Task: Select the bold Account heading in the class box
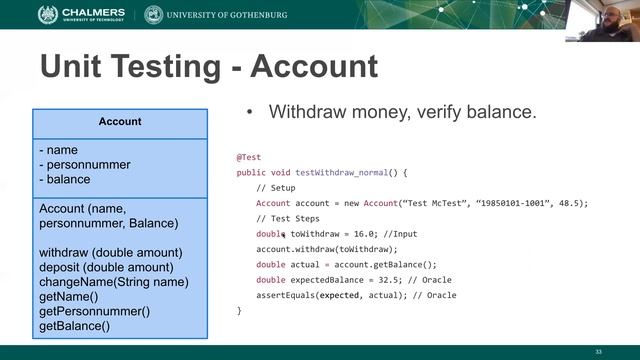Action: [x=120, y=122]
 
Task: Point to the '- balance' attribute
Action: [x=65, y=180]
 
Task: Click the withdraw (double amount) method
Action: [x=110, y=252]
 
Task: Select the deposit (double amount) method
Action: [x=106, y=267]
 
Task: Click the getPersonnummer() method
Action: [x=94, y=311]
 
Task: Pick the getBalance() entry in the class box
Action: [x=74, y=326]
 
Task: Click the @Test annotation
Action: [x=249, y=157]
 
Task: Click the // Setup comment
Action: [x=276, y=188]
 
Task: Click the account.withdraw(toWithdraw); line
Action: [x=327, y=249]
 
